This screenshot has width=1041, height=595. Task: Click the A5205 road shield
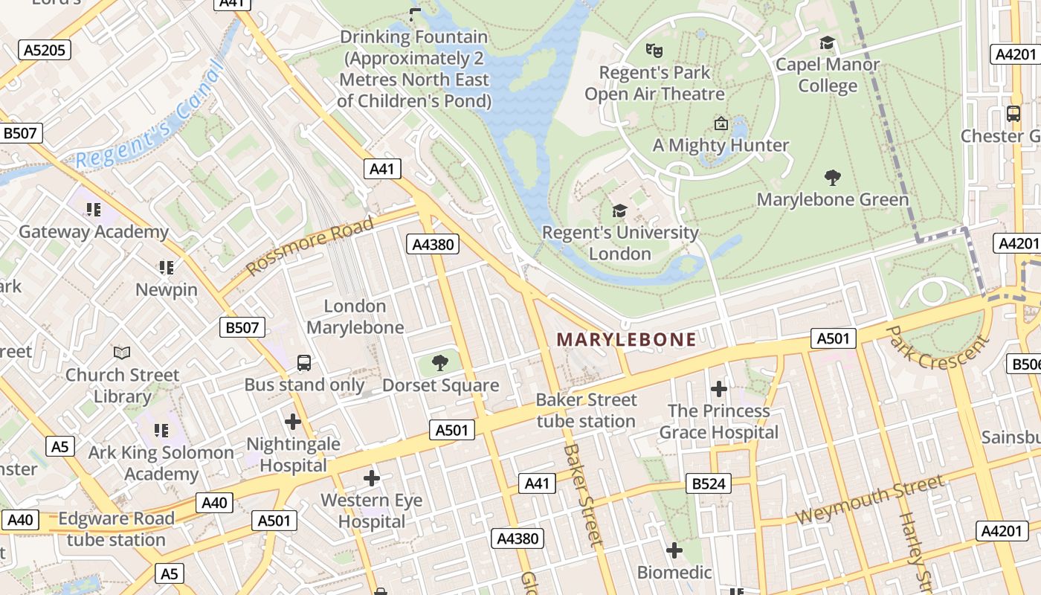pyautogui.click(x=45, y=51)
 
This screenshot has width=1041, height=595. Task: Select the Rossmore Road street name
pyautogui.click(x=310, y=246)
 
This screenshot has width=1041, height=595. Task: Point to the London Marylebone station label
pyautogui.click(x=355, y=317)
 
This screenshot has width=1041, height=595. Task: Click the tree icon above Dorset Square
pyautogui.click(x=440, y=363)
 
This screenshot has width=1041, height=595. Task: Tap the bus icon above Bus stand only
pyautogui.click(x=304, y=363)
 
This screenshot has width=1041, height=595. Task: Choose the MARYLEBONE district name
pyautogui.click(x=626, y=340)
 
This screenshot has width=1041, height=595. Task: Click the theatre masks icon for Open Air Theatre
pyautogui.click(x=654, y=51)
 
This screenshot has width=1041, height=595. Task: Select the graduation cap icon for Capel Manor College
pyautogui.click(x=827, y=43)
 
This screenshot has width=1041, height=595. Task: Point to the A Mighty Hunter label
pyautogui.click(x=721, y=145)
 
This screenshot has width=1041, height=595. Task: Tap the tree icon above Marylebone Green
pyautogui.click(x=833, y=178)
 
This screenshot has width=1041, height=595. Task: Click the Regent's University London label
pyautogui.click(x=620, y=243)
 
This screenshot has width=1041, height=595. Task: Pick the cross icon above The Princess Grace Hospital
pyautogui.click(x=718, y=389)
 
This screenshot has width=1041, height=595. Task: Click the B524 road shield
pyautogui.click(x=709, y=484)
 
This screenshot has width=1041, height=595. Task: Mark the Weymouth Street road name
pyautogui.click(x=869, y=500)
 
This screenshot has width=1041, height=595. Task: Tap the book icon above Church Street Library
pyautogui.click(x=122, y=353)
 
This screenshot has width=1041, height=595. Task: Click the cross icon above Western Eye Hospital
pyautogui.click(x=371, y=477)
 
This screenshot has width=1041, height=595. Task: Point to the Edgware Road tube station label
pyautogui.click(x=116, y=529)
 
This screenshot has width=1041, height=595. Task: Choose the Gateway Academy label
pyautogui.click(x=94, y=232)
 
